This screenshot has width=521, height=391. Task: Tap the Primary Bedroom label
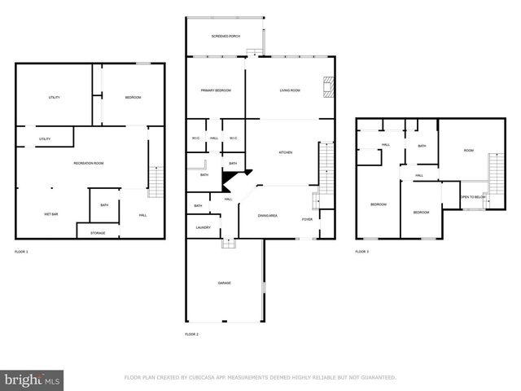coord(216,90)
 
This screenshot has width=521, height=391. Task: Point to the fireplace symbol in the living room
coord(328,87)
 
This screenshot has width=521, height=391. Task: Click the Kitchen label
coord(286,152)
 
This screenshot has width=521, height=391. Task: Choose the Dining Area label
coord(269,216)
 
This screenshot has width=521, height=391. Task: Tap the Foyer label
coord(307,219)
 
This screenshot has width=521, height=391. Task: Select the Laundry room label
coord(203,227)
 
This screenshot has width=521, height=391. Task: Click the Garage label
coord(224,283)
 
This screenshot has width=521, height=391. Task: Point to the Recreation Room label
coord(88,164)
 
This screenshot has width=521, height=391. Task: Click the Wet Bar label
coord(50,214)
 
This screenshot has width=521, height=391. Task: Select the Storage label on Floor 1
coord(98,234)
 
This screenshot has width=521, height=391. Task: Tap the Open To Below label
coord(473,197)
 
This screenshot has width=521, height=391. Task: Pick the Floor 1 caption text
coord(21,252)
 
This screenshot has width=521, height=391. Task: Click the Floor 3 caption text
coord(361,252)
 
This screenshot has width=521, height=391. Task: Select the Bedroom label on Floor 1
coord(133,98)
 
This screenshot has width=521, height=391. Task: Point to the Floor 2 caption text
coord(191,335)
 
